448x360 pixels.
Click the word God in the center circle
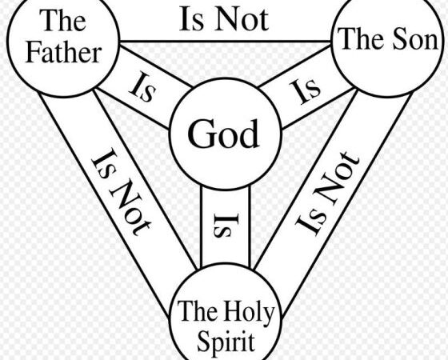point(223,134)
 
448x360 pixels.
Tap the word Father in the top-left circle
point(64,53)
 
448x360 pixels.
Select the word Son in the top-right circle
point(415,39)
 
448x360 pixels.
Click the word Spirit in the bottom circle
point(226,341)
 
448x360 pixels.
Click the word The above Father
point(63,20)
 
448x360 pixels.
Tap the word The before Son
point(363,39)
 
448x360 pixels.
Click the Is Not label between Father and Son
point(224,19)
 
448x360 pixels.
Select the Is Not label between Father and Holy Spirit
point(121,192)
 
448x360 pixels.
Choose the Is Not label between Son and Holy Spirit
point(327,194)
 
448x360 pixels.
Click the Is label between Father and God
point(142,87)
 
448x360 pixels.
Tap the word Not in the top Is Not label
point(242,19)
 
